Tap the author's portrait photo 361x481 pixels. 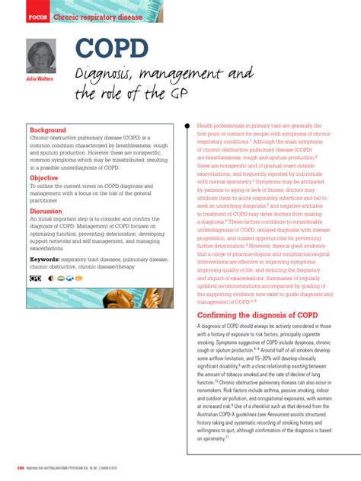(41, 56)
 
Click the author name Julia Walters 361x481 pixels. (40, 78)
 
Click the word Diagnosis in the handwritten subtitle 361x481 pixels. (106, 75)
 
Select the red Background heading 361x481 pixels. (47, 130)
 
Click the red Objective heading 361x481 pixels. (44, 178)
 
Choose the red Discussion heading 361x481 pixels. (46, 211)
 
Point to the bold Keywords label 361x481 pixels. (45, 259)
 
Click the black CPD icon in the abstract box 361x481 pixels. (35, 279)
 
